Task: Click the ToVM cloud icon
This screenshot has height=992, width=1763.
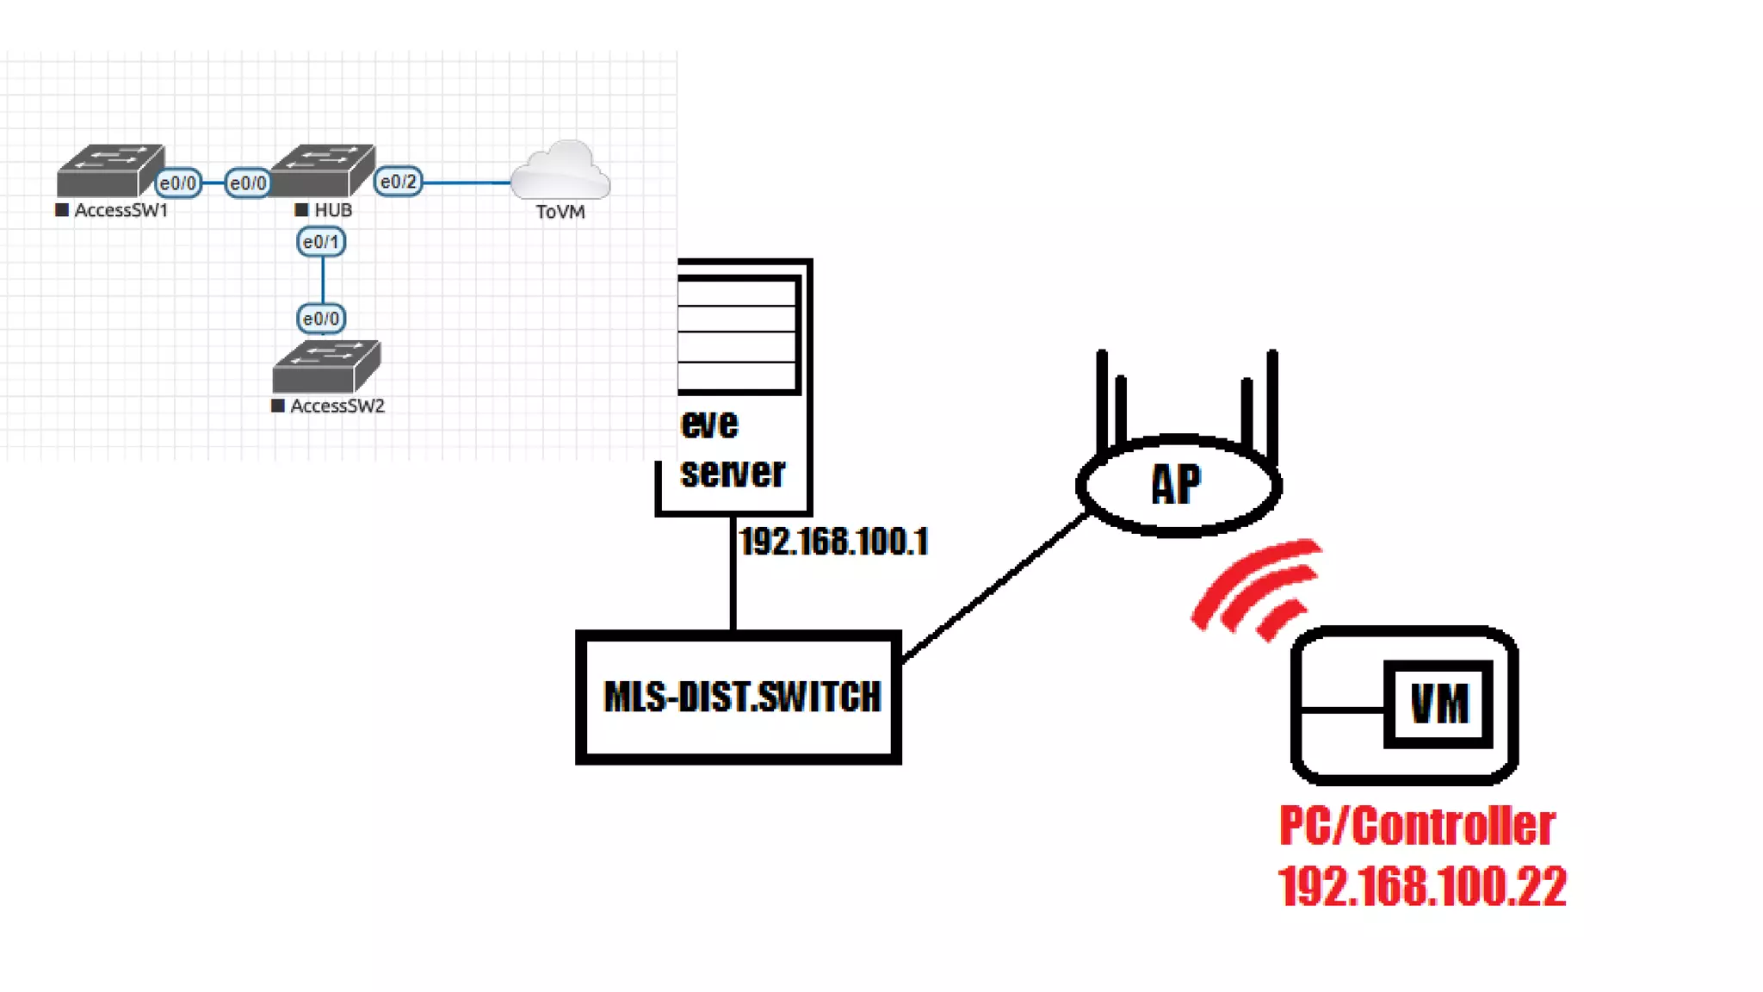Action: tap(560, 170)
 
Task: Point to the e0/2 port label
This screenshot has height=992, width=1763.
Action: tap(398, 182)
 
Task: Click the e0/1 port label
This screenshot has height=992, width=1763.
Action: tap(321, 242)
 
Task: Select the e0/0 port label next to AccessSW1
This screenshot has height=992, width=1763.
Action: tap(178, 183)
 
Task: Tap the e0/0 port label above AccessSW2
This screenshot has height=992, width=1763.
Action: tap(321, 319)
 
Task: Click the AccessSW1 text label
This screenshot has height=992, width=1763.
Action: tap(121, 210)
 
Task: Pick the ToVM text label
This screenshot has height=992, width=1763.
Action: tap(560, 212)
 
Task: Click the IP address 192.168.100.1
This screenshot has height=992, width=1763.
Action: tap(833, 542)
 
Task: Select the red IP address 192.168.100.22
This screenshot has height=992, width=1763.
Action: tap(1422, 886)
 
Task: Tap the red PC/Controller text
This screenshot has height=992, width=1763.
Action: tap(1417, 825)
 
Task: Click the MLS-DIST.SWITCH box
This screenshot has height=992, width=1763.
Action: tap(739, 697)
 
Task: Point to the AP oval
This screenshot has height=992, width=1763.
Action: tap(1178, 485)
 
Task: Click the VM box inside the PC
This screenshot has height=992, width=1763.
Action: tap(1438, 704)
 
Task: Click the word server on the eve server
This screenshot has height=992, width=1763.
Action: tap(733, 472)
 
